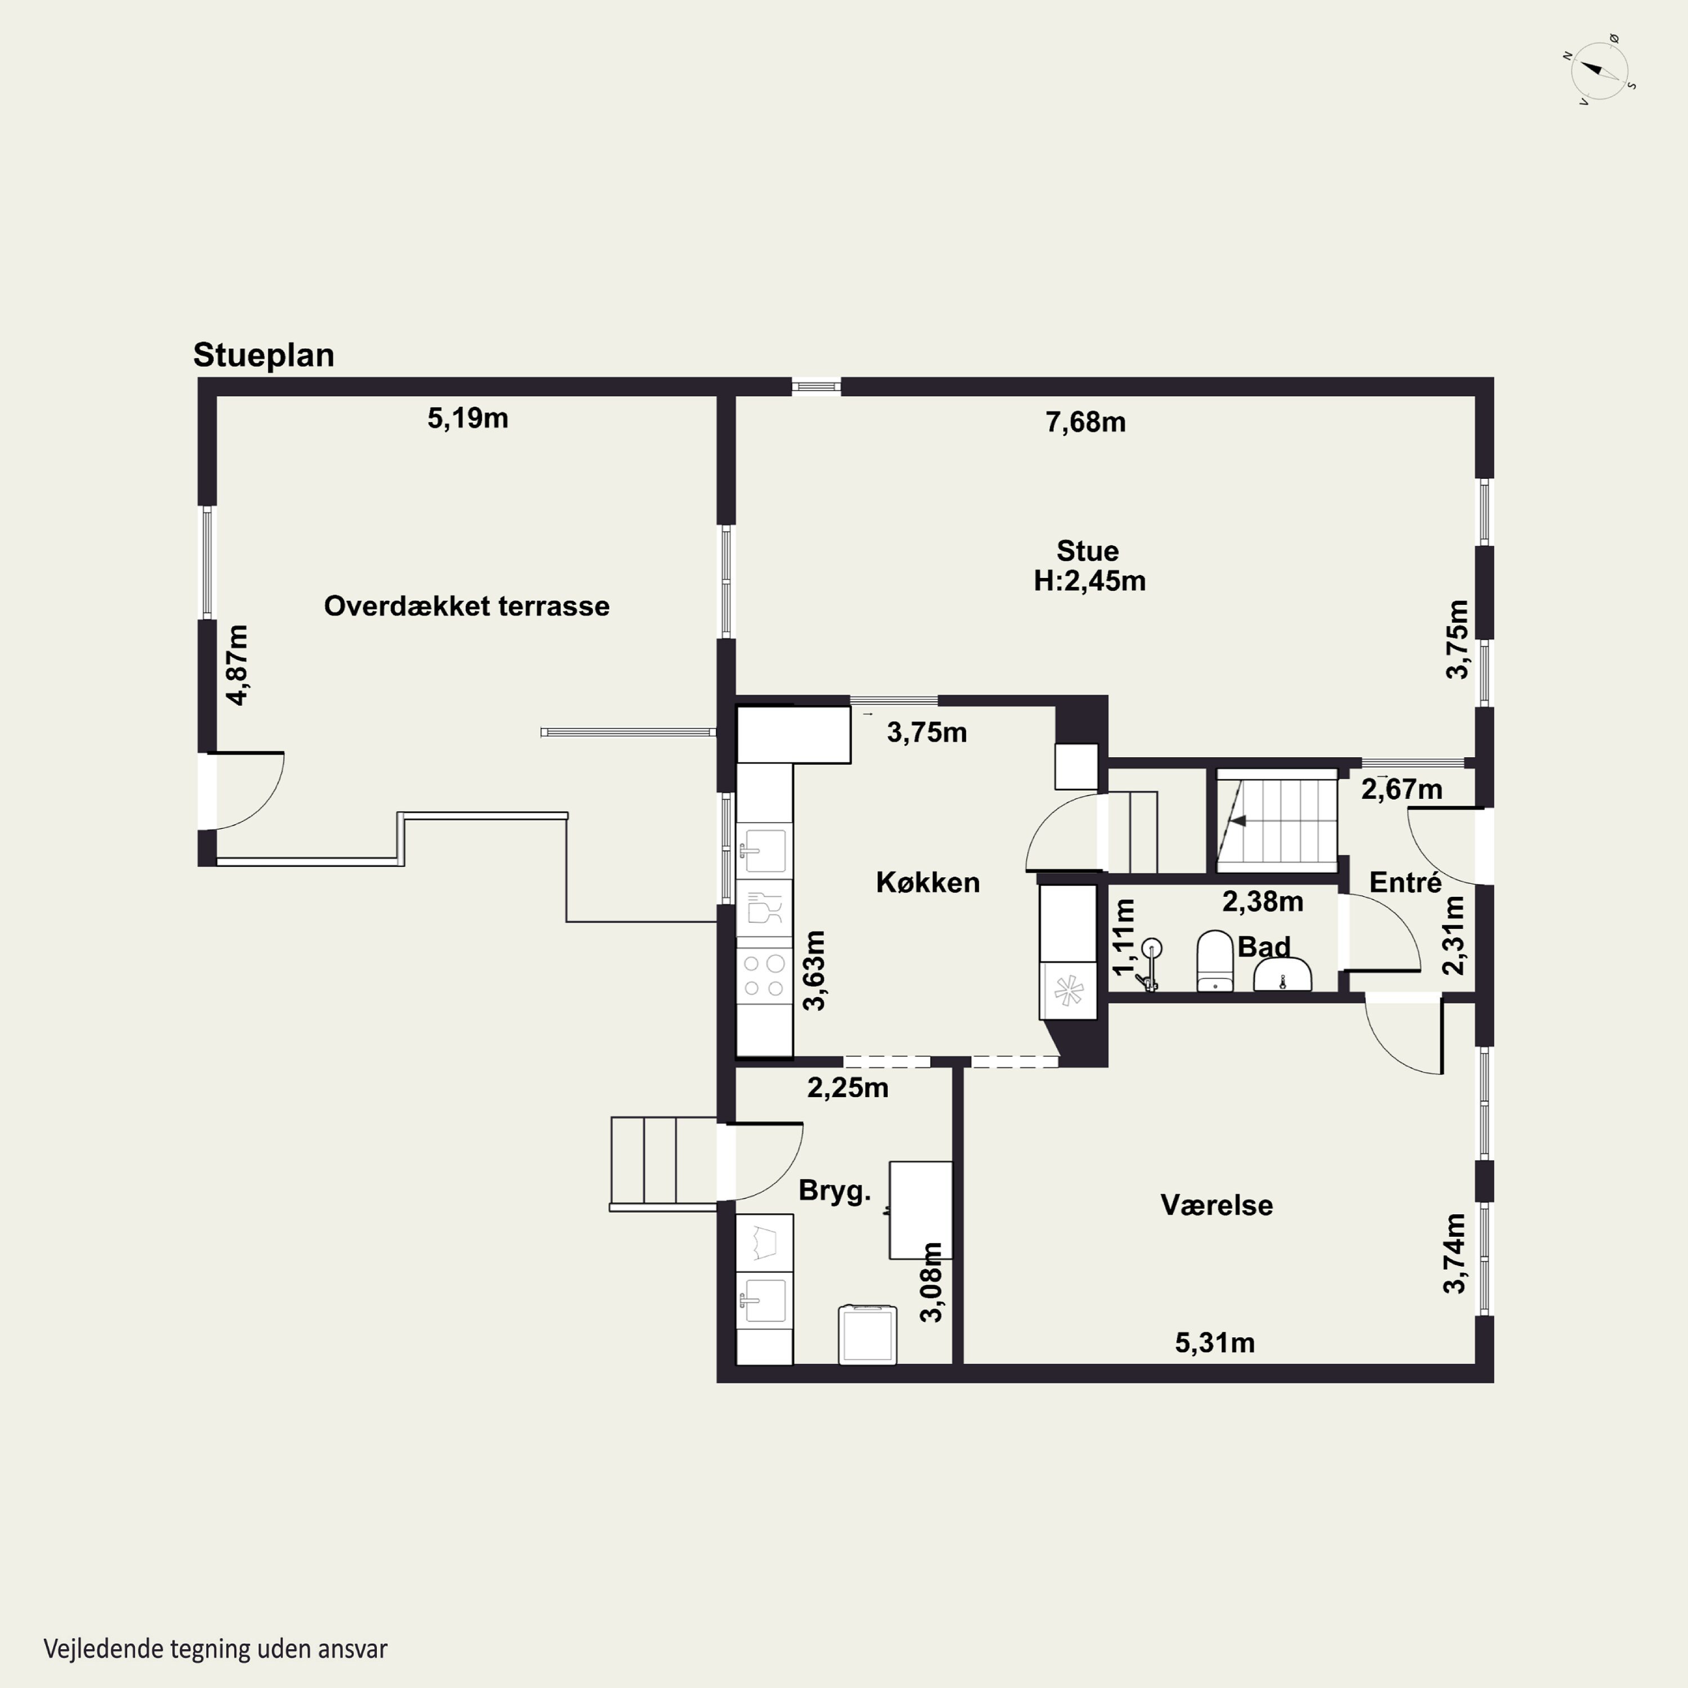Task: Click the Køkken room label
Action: [928, 882]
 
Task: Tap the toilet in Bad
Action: [1214, 961]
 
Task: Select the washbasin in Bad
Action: [1283, 974]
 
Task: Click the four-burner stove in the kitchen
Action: [764, 976]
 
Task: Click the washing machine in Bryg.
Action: [868, 1334]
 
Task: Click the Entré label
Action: [1405, 882]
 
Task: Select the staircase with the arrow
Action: [1277, 820]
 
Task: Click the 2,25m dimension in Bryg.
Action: [847, 1088]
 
